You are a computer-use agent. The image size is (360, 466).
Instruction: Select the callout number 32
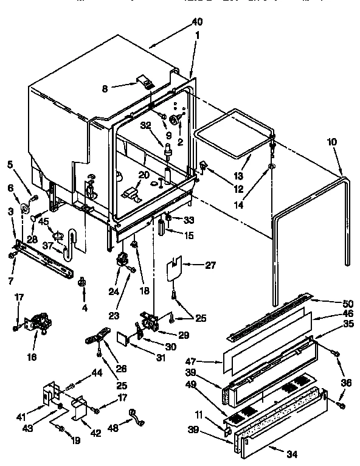(x=145, y=126)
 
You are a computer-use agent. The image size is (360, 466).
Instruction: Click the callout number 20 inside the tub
(x=143, y=175)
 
